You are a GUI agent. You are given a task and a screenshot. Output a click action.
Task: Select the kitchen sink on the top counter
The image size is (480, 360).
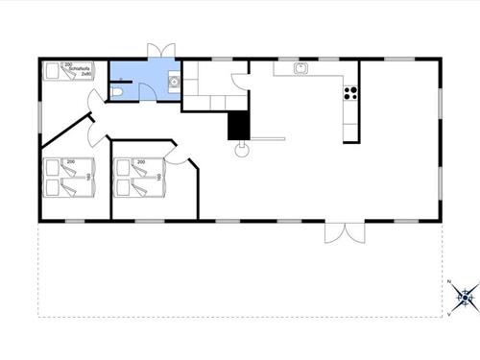pyautogui.click(x=300, y=67)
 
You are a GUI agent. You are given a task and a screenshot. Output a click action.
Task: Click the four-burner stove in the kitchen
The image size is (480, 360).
pyautogui.click(x=350, y=93)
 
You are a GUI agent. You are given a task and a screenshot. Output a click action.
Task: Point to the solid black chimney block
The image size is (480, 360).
pyautogui.click(x=237, y=125)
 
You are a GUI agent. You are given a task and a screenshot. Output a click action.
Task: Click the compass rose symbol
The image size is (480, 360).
pyautogui.click(x=465, y=297)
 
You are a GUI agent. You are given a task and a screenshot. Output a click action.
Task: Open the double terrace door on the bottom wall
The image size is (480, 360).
pyautogui.click(x=344, y=231)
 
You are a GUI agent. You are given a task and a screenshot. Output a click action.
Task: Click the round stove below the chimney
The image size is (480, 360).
pyautogui.click(x=242, y=149)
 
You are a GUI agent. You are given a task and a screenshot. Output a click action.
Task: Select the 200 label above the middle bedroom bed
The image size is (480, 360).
pyautogui.click(x=140, y=162)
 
